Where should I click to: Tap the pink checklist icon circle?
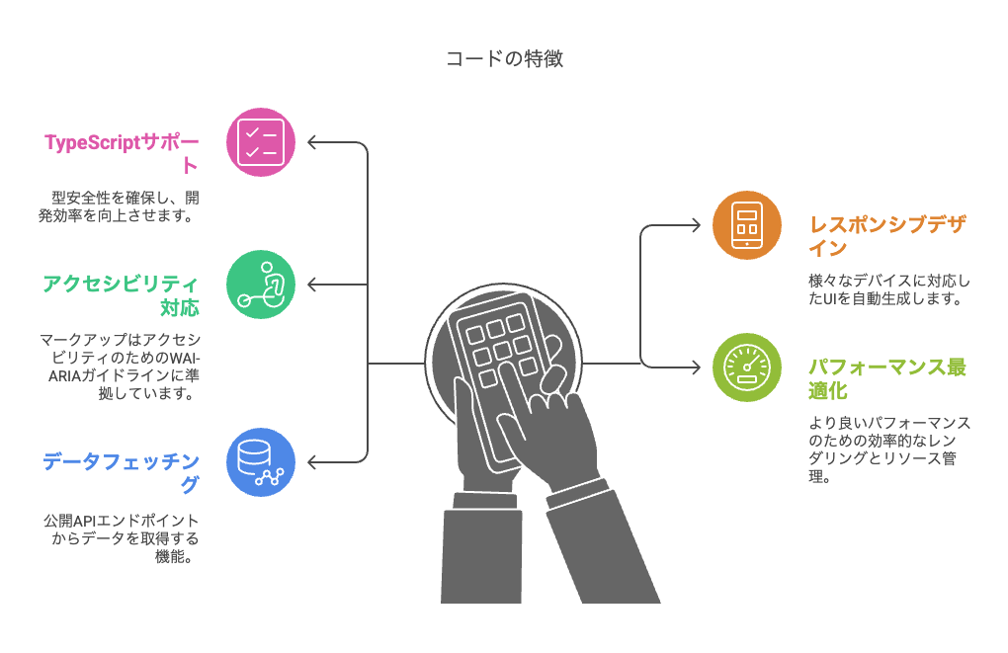pos(261,142)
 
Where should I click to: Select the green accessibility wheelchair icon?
pos(261,285)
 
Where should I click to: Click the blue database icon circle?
pos(261,461)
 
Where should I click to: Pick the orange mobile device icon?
pos(746,225)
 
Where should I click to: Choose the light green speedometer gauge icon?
pos(746,367)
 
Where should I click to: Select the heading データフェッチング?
pos(121,472)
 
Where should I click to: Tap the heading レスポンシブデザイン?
pos(885,235)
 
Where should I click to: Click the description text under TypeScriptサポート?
pos(121,205)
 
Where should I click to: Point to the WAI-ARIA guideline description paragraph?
pos(121,366)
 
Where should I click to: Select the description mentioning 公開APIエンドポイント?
pos(121,537)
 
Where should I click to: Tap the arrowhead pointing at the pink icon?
pos(312,142)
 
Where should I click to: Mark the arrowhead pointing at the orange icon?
pos(697,225)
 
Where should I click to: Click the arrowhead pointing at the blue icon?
pos(312,461)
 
